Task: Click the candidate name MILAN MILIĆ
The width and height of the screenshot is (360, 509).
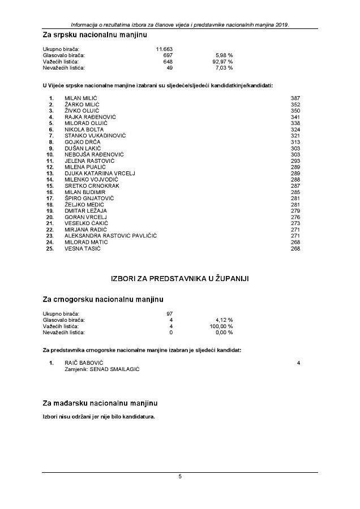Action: coord(82,98)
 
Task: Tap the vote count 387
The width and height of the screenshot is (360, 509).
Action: coord(295,98)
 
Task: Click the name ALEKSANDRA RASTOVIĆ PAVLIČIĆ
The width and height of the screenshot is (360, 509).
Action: coord(111,235)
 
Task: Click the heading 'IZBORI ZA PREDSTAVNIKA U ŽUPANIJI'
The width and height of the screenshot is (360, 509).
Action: coord(180,278)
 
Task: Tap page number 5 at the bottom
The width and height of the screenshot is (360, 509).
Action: coord(180,477)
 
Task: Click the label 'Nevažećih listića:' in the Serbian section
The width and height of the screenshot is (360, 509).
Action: coord(64,68)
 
